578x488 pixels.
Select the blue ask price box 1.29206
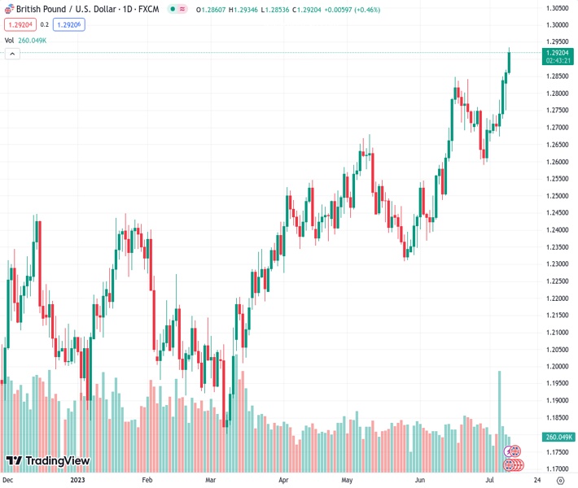pos(68,24)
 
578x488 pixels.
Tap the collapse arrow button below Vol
pos(12,54)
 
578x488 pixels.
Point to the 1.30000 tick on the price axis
pos(557,24)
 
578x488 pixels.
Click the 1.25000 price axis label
pos(557,196)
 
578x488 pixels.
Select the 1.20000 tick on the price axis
pos(557,367)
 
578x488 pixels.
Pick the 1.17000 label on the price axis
pos(557,469)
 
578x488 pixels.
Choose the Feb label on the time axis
pos(147,481)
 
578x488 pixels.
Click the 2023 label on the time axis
pos(78,481)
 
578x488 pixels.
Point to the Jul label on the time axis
pos(491,481)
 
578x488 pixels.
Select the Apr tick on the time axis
pos(284,481)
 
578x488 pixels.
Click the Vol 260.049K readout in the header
pos(25,40)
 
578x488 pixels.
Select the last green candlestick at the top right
pos(509,62)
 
